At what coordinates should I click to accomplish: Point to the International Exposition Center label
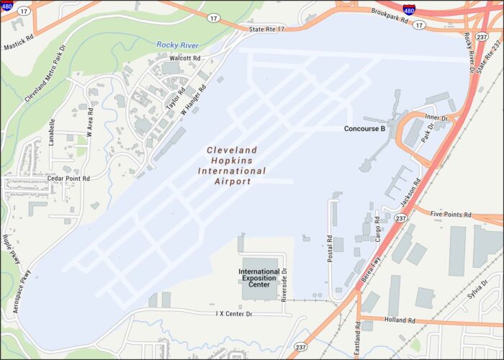pos(258,278)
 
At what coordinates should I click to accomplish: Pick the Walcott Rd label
pos(185,58)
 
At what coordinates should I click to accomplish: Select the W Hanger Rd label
pos(194,100)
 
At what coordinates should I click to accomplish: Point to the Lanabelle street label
pos(52,132)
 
